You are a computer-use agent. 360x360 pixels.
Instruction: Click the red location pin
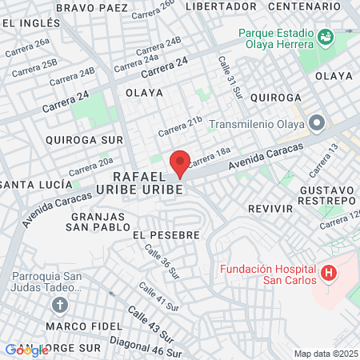180,162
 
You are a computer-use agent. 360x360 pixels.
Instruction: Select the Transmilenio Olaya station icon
318,124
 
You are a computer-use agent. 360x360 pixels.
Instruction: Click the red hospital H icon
328,274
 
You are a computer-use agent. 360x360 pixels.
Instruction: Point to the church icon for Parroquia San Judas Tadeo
59,305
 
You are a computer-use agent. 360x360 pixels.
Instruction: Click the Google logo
26,350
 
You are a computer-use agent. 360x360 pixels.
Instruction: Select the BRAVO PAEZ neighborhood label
92,6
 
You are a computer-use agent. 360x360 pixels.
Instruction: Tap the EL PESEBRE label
164,235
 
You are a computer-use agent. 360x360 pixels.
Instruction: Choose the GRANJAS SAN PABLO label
100,222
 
